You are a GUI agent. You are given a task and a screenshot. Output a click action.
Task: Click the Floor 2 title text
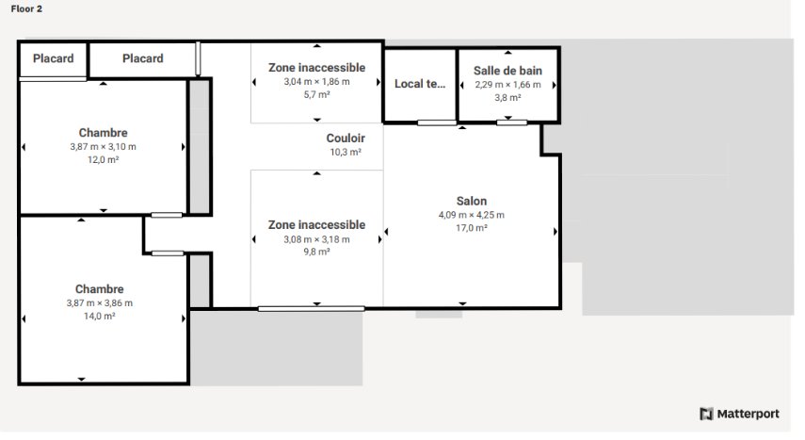click(26, 8)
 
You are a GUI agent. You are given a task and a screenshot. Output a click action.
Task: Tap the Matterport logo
click(739, 414)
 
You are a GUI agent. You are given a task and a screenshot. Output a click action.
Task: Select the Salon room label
click(472, 201)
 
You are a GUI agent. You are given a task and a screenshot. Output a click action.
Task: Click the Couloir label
click(346, 139)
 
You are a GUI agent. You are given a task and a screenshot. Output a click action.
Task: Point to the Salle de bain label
click(507, 71)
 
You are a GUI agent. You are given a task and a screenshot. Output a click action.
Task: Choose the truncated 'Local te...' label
click(419, 84)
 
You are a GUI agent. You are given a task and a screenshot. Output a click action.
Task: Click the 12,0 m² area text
click(104, 160)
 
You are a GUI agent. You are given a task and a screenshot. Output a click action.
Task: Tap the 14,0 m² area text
click(99, 317)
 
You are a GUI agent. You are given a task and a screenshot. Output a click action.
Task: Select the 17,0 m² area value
click(472, 228)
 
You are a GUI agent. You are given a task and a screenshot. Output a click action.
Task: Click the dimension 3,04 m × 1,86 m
click(316, 82)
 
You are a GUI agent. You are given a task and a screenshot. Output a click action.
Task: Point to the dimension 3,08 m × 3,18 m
click(316, 239)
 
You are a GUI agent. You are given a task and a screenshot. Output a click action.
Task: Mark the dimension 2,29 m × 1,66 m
click(507, 85)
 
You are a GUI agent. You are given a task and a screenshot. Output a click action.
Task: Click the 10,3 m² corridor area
click(346, 152)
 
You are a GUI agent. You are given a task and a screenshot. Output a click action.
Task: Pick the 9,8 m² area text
click(316, 252)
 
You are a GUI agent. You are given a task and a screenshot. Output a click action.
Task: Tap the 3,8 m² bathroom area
click(507, 98)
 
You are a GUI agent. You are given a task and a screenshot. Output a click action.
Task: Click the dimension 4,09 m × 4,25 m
click(472, 215)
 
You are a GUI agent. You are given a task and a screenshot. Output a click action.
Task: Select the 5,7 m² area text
click(316, 94)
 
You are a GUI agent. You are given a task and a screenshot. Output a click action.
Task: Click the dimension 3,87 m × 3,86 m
click(99, 303)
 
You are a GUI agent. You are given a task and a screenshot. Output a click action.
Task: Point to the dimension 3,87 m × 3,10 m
click(104, 146)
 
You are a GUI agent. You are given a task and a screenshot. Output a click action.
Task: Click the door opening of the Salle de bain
click(512, 122)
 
